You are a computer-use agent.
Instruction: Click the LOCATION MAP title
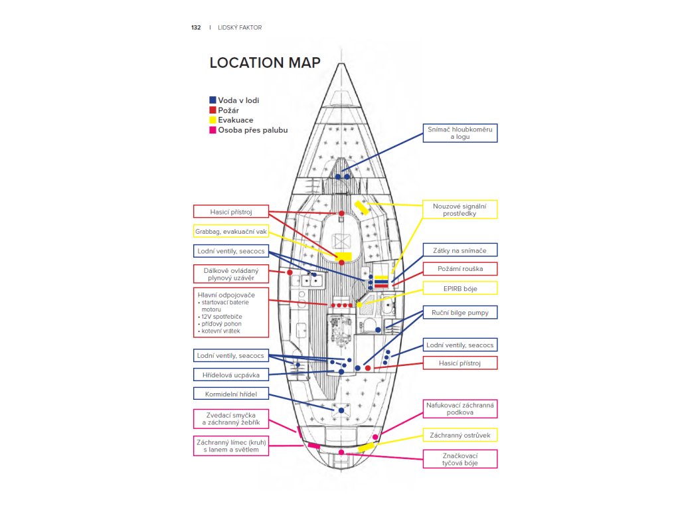(265, 63)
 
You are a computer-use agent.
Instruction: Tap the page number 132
(196, 28)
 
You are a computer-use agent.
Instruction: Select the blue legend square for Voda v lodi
(212, 100)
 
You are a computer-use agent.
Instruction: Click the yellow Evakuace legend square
(212, 120)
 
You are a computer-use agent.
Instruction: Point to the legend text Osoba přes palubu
(252, 130)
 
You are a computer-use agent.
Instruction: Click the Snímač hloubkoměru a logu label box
(460, 133)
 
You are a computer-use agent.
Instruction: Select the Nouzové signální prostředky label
(460, 210)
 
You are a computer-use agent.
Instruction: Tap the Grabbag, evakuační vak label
(231, 232)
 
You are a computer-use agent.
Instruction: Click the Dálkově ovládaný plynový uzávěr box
(231, 274)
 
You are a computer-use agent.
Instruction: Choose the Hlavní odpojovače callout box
(231, 312)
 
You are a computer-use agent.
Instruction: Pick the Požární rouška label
(460, 269)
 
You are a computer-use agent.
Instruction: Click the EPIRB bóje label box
(460, 288)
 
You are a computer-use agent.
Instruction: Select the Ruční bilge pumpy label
(460, 311)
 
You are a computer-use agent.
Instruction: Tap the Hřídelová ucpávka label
(231, 375)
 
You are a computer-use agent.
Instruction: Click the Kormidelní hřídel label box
(231, 394)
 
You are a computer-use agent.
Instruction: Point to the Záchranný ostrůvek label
(460, 436)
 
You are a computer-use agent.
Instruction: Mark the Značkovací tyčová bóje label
(460, 459)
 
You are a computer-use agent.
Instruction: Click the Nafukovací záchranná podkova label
(460, 408)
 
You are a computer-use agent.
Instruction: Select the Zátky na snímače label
(460, 250)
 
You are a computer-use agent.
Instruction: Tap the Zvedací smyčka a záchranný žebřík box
(231, 419)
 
